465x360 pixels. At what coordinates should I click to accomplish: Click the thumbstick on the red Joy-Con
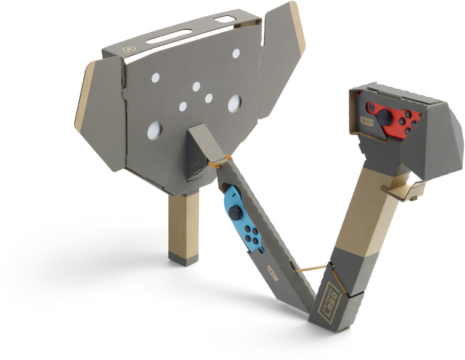pyautogui.click(x=384, y=117)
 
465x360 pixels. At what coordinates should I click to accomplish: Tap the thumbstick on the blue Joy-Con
pyautogui.click(x=236, y=212)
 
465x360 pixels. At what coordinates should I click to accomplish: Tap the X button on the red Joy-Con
pyautogui.click(x=413, y=124)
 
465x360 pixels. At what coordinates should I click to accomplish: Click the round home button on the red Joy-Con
pyautogui.click(x=371, y=107)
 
